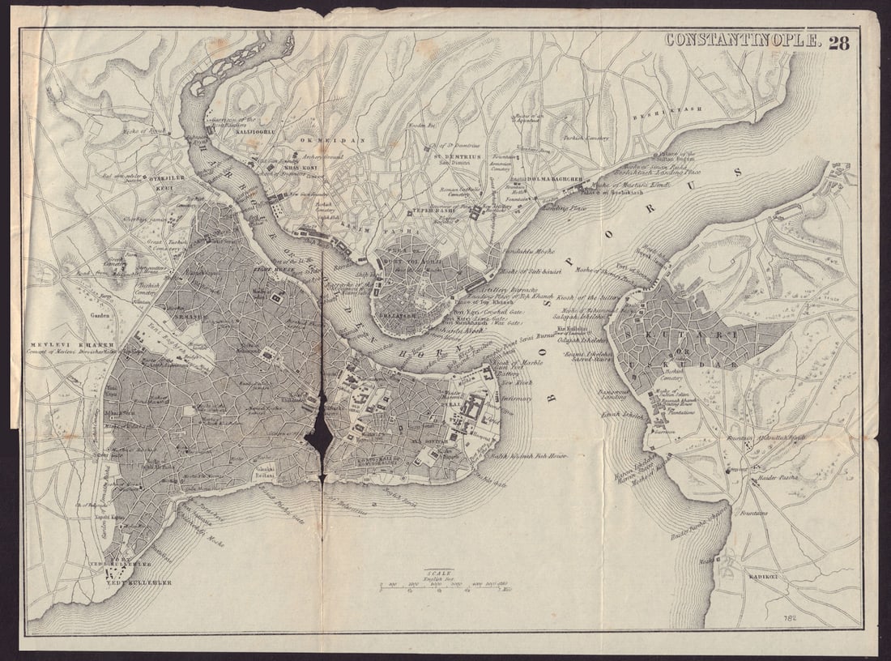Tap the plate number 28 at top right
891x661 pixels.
coord(838,42)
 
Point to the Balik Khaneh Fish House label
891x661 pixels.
coord(529,456)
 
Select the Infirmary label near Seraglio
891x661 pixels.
coord(516,399)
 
